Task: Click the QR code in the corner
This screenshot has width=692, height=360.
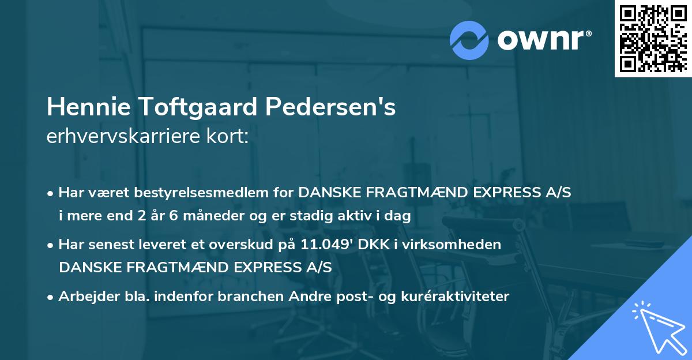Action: pyautogui.click(x=652, y=38)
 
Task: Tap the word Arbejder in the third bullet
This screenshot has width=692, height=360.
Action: pyautogui.click(x=84, y=297)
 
